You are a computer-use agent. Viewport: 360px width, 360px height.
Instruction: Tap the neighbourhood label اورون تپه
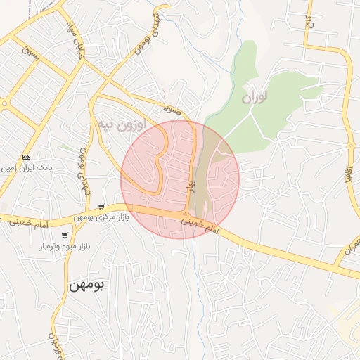pyautogui.click(x=122, y=125)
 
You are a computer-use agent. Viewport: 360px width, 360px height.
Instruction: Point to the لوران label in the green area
pyautogui.click(x=256, y=97)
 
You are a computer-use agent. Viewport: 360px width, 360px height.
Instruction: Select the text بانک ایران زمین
pyautogui.click(x=26, y=169)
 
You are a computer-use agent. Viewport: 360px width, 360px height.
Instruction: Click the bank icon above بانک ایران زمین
pyautogui.click(x=27, y=156)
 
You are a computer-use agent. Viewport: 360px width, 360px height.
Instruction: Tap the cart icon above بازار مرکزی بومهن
pyautogui.click(x=102, y=207)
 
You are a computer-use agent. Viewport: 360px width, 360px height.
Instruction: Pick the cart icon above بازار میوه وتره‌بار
pyautogui.click(x=65, y=236)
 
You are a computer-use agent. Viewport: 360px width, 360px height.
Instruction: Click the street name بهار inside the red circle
pyautogui.click(x=189, y=185)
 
